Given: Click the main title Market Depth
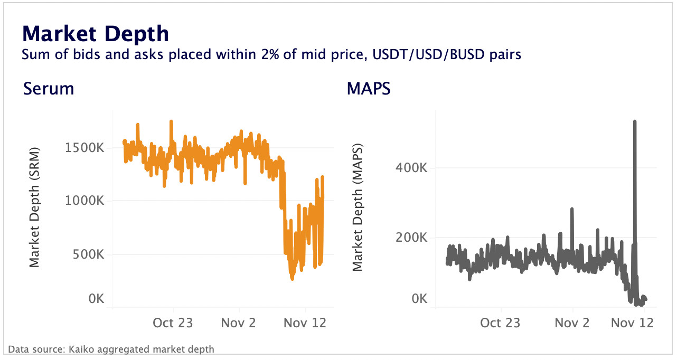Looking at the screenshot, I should (x=95, y=34).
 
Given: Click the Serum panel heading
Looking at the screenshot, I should (x=49, y=89).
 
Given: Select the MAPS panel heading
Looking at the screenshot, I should (x=368, y=89).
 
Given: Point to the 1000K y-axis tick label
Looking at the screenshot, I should (x=84, y=201).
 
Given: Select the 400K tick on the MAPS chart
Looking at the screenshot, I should (x=411, y=168).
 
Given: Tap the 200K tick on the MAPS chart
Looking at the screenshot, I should (x=411, y=238).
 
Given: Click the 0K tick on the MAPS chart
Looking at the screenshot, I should (x=419, y=299).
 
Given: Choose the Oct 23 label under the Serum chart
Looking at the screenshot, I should (x=173, y=323).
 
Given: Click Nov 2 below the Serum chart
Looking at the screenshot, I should (x=239, y=323).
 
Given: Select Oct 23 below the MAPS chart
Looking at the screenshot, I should (x=500, y=323).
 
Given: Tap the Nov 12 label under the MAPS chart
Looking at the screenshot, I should (x=633, y=323).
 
